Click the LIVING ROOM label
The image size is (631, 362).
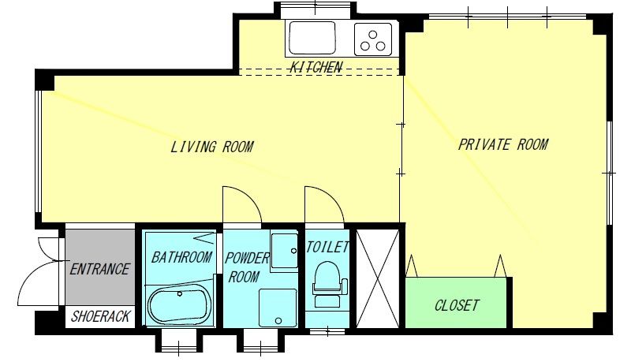point(211,147)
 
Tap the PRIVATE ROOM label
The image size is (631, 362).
point(503,144)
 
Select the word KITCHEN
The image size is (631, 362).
point(316,67)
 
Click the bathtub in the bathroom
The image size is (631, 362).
point(179,304)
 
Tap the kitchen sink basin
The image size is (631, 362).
point(312,38)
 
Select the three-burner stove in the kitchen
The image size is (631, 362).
point(373,39)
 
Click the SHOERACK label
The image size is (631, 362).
point(101,316)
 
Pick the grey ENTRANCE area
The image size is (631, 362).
point(100,267)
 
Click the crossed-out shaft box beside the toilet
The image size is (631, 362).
point(378,278)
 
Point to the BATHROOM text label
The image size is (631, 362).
point(181,257)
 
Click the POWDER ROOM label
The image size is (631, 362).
point(246,267)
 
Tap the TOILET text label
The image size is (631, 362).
point(327,247)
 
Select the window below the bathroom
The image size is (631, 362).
point(179,340)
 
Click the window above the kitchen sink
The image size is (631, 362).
point(315,9)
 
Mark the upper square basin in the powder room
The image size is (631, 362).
point(284,251)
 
